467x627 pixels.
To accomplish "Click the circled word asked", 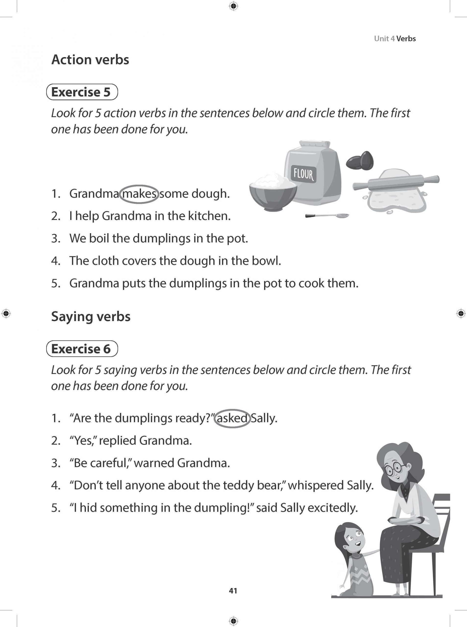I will pos(232,418).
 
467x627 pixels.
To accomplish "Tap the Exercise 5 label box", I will pos(82,92).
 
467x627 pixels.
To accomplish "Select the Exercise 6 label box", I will pos(82,349).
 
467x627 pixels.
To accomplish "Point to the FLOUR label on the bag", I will pos(303,174).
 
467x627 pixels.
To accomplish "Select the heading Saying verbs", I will pos(91,316).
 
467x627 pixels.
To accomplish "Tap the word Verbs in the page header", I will pos(406,39).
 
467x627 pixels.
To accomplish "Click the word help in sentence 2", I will pos(86,216).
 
